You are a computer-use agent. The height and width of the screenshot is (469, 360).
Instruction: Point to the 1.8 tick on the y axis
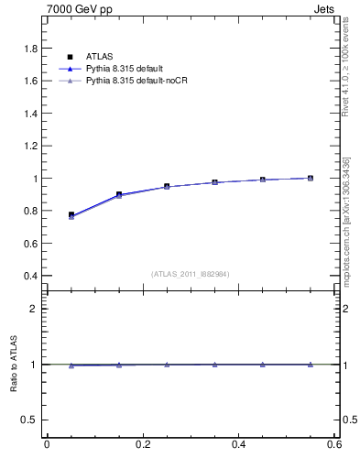point(30,48)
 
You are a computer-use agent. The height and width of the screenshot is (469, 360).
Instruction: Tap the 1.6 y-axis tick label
point(30,81)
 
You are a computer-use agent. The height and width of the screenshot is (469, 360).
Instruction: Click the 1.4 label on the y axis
point(30,113)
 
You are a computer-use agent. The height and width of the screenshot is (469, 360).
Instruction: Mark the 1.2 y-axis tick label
point(30,146)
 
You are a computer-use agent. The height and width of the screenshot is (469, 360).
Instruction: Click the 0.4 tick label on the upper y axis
point(30,276)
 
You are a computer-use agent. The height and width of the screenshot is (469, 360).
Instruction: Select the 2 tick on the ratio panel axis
point(35,309)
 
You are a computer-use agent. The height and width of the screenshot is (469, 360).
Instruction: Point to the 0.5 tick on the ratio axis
point(30,420)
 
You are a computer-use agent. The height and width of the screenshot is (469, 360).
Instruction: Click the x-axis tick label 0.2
point(142,446)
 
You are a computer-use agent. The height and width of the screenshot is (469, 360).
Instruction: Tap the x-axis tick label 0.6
point(334,446)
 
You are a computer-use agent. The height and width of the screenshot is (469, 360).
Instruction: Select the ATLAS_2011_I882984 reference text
point(191,274)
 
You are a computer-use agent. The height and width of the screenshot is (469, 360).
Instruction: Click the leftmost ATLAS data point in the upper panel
point(71,214)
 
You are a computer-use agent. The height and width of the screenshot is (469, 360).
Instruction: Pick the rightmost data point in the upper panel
point(311,178)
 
